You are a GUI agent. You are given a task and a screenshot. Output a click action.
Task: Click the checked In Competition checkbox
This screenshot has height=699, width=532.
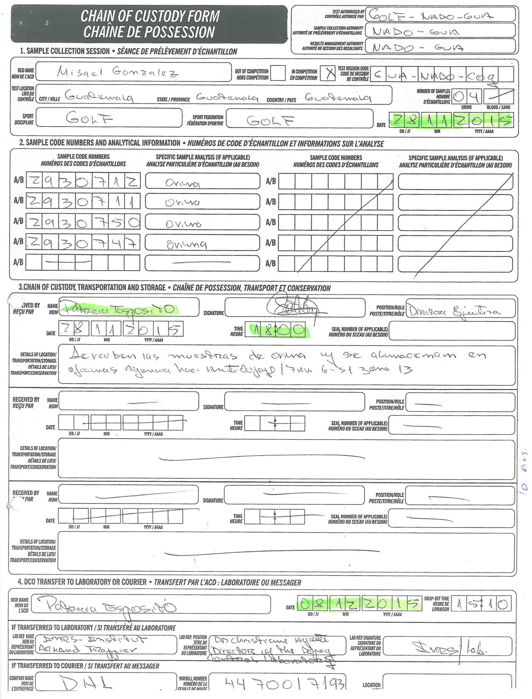(328, 74)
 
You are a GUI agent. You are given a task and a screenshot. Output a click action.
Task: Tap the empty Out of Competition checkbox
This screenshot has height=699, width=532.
(278, 73)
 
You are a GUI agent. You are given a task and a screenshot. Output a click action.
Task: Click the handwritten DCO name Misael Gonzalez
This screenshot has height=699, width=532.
(117, 72)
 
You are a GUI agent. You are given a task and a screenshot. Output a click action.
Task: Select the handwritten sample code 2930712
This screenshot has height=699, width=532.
(83, 181)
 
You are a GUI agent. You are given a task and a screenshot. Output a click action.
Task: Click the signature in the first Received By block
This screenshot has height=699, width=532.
(293, 308)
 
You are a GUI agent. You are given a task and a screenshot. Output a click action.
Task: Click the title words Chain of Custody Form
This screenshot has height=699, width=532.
(150, 16)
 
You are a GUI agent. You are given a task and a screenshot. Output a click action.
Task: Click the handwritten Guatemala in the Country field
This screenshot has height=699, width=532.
(338, 97)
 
